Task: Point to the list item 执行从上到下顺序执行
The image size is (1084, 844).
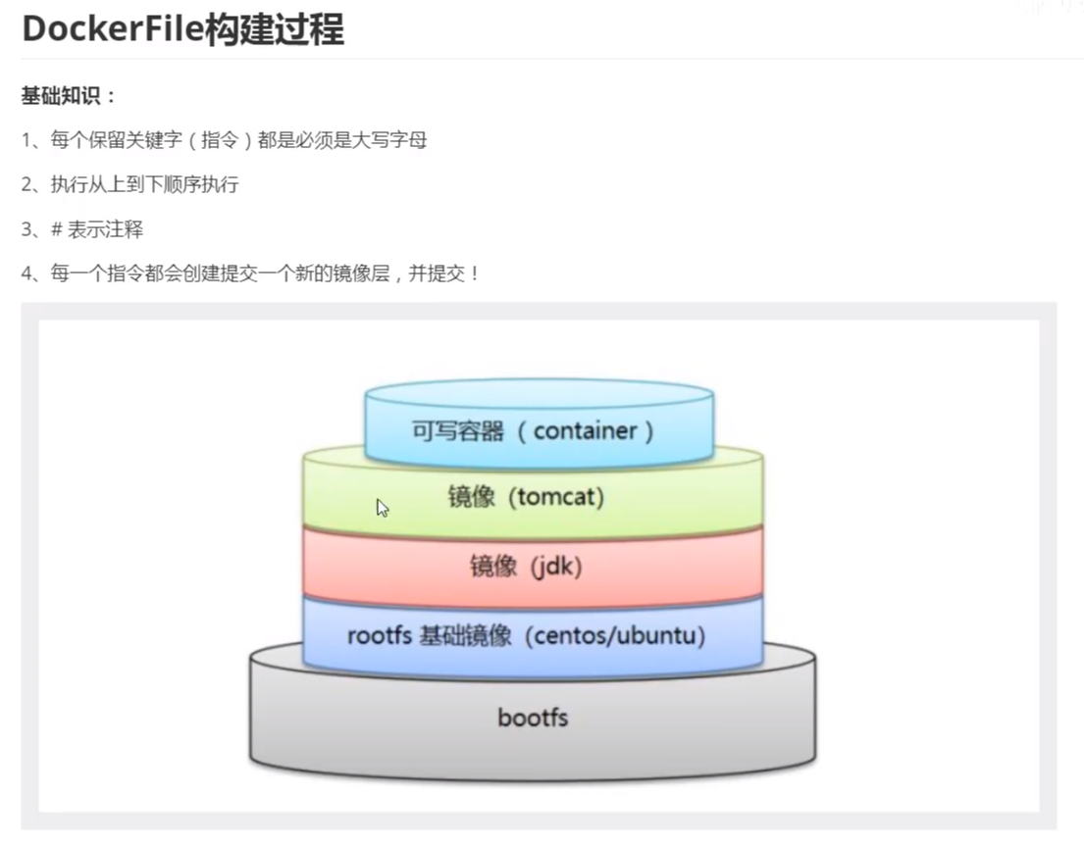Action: tap(144, 184)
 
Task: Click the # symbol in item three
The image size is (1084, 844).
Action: tap(57, 229)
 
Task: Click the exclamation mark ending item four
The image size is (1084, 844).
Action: tap(475, 273)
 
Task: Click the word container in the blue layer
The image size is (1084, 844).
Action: tap(586, 430)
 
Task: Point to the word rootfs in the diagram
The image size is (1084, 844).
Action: tap(378, 635)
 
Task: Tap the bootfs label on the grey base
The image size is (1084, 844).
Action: tap(533, 718)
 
